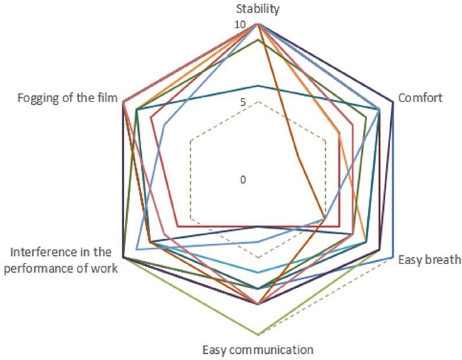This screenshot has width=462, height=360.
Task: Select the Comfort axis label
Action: (x=421, y=98)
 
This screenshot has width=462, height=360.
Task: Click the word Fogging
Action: (x=37, y=99)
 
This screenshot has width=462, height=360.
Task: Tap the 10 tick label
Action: (x=240, y=25)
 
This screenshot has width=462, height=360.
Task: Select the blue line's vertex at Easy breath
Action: (x=393, y=257)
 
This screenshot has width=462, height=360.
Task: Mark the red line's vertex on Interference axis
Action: (x=177, y=226)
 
